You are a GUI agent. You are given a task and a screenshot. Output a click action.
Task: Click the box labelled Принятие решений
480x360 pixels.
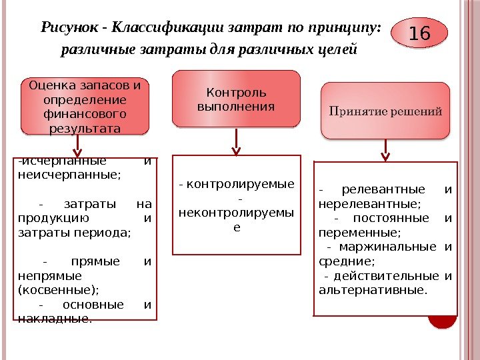385,111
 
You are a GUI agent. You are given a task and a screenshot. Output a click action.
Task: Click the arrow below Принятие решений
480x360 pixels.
385,149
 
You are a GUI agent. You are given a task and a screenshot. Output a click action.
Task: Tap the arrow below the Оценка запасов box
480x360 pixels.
79,144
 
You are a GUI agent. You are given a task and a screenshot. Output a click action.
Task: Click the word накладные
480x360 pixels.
53,318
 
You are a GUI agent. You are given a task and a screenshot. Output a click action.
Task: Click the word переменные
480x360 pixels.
359,233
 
